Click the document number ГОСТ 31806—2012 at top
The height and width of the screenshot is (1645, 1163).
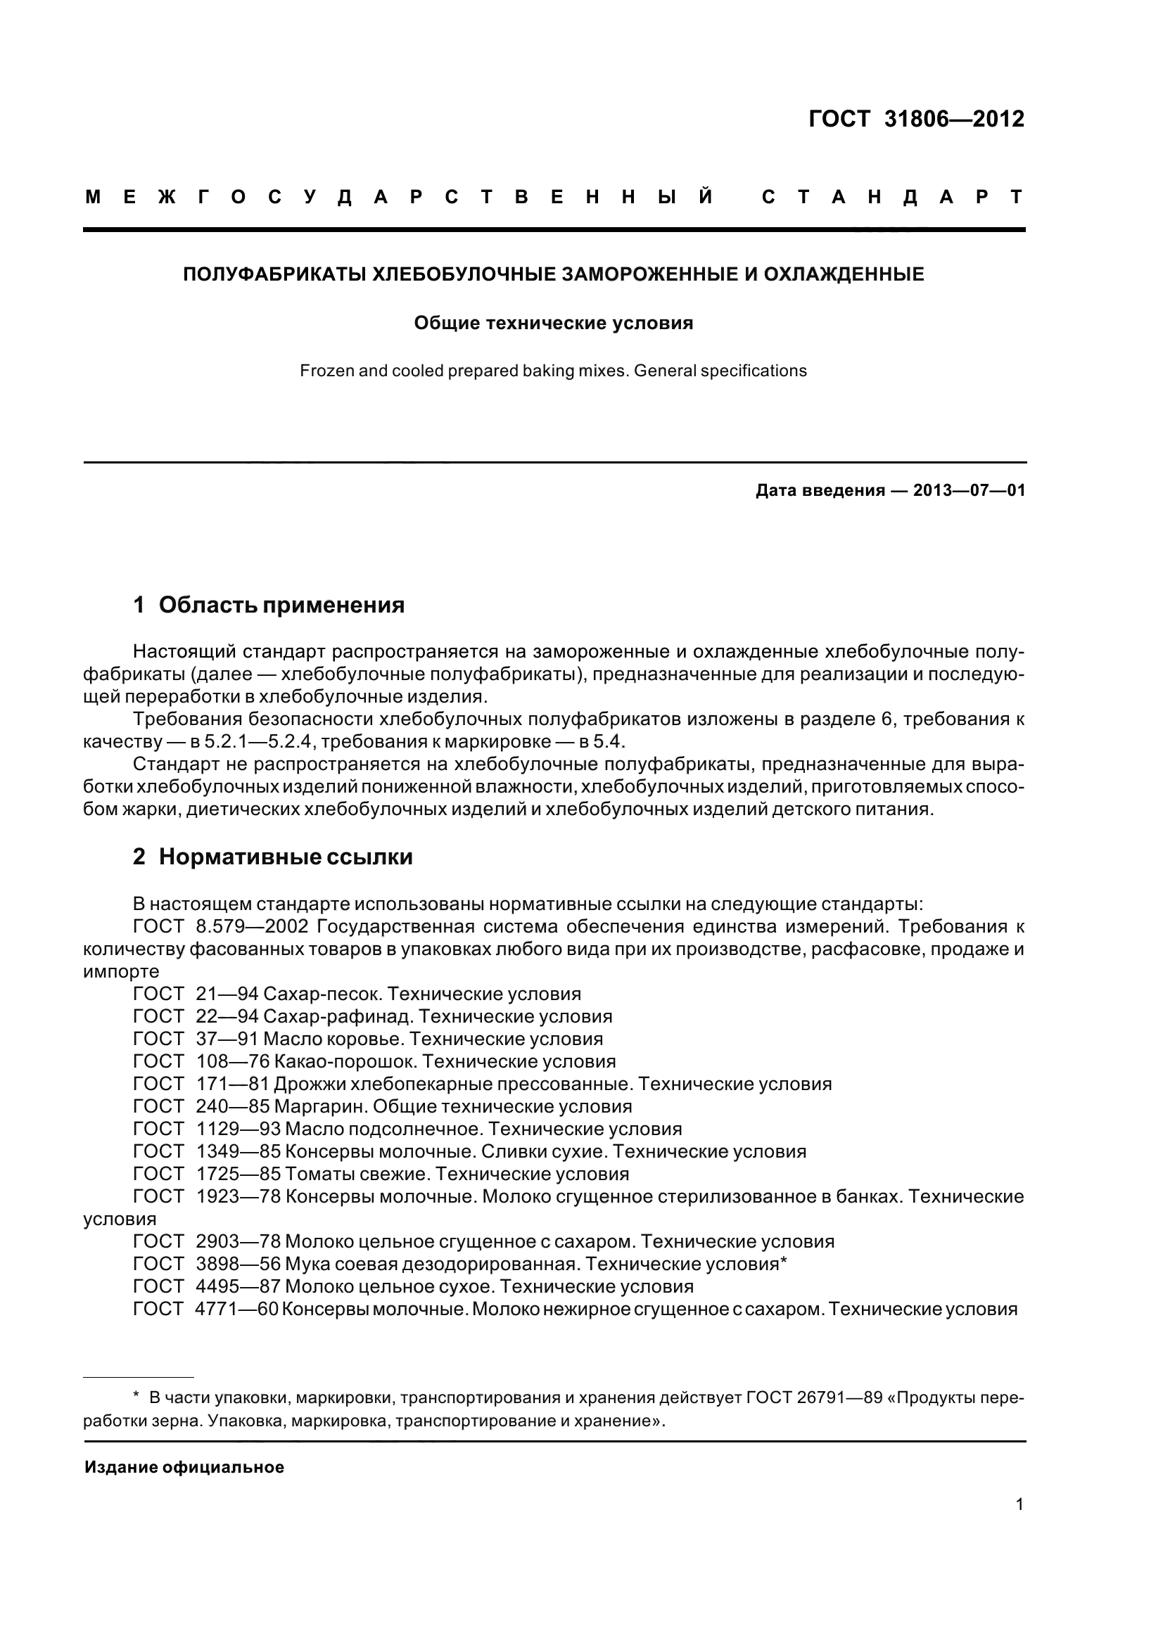[x=916, y=119]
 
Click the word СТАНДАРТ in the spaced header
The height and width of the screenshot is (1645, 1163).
[x=893, y=198]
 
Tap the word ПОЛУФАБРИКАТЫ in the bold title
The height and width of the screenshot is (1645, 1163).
[x=274, y=274]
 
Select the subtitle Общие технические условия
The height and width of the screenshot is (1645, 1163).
[x=553, y=323]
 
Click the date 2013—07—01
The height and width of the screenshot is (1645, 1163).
[x=969, y=491]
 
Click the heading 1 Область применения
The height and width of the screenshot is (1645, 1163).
[x=269, y=606]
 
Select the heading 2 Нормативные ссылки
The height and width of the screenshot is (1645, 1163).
[x=272, y=857]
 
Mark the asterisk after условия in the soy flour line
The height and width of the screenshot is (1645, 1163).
[x=783, y=1262]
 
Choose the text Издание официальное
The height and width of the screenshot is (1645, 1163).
[x=184, y=1467]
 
